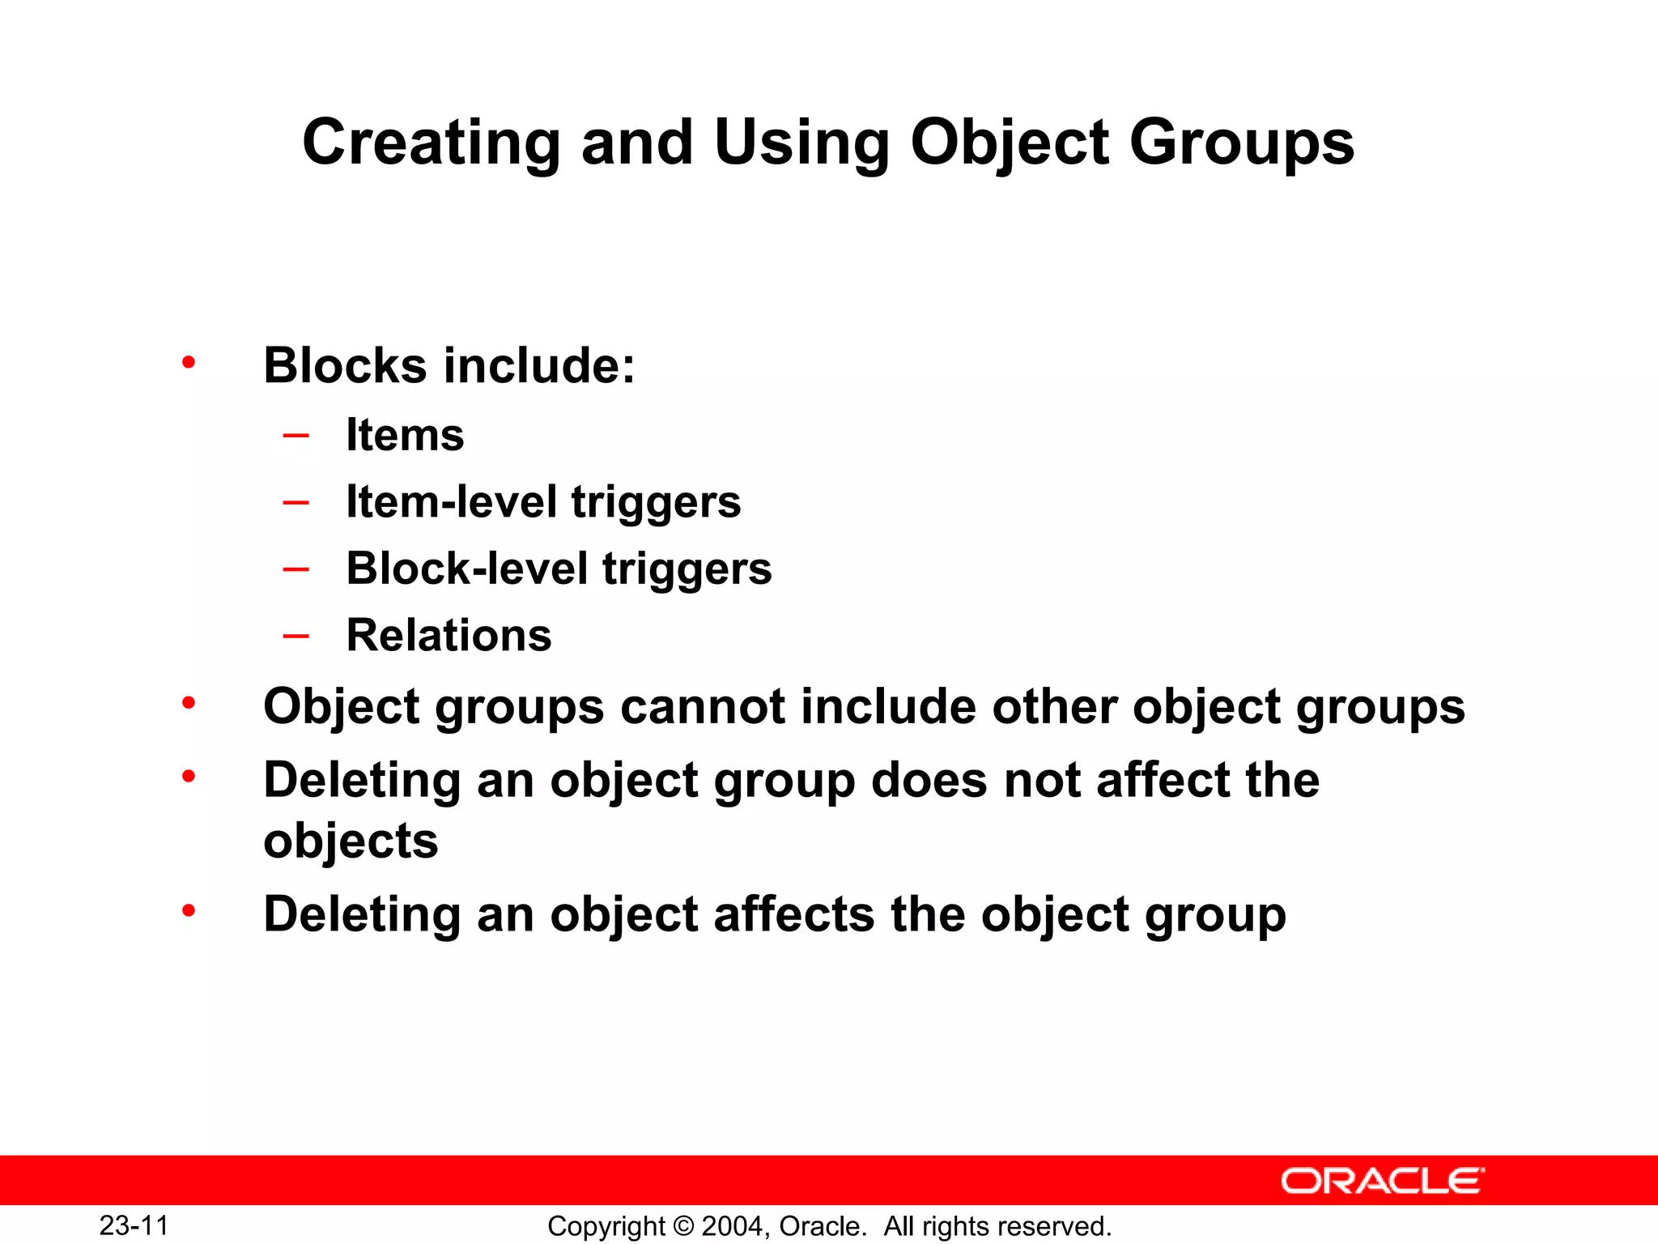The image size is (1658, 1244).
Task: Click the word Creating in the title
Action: (431, 143)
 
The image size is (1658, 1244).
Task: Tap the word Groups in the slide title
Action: (1241, 143)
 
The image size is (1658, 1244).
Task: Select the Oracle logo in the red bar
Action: (1383, 1181)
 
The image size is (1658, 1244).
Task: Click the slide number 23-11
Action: (134, 1225)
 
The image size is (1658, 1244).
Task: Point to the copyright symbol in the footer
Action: (684, 1226)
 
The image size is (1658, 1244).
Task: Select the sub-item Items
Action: (405, 435)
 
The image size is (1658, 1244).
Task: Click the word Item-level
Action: (452, 501)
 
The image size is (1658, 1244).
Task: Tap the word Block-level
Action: (467, 568)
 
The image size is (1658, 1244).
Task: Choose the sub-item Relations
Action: (449, 635)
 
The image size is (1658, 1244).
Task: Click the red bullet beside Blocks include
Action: (189, 362)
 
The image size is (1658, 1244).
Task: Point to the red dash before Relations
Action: (296, 636)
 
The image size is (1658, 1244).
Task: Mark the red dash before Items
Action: (296, 436)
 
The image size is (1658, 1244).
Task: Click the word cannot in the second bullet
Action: (703, 706)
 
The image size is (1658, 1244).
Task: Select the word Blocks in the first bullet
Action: (345, 365)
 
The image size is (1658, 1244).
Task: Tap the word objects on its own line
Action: (351, 841)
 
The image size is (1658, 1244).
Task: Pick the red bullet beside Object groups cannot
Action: (189, 703)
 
